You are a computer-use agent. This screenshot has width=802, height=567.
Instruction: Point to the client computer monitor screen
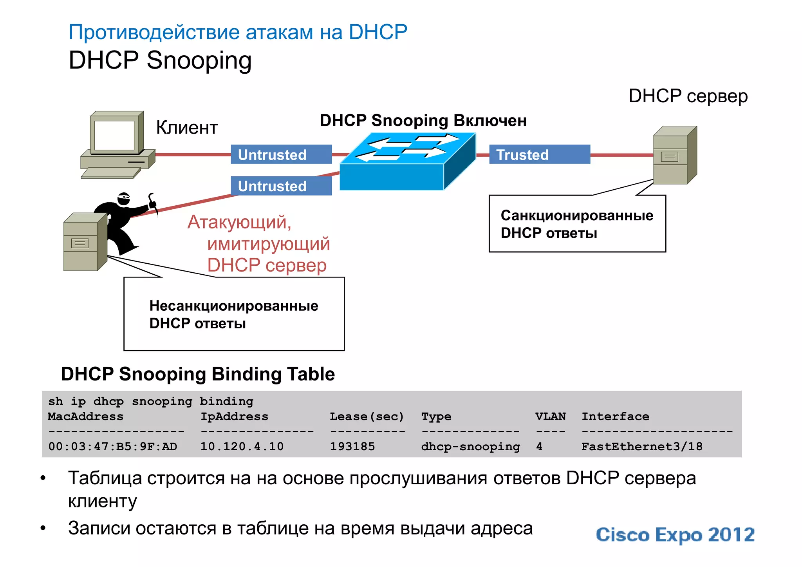coord(114,135)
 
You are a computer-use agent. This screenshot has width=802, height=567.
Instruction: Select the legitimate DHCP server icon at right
coord(674,155)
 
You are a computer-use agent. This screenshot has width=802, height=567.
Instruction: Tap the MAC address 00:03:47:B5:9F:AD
coord(113,446)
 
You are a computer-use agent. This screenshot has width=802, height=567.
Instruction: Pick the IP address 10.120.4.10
coord(242,446)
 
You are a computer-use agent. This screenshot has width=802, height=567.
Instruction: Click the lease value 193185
coord(352,446)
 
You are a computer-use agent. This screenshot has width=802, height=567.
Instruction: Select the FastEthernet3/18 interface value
coord(641,446)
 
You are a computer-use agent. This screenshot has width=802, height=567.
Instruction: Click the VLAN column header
coord(550,416)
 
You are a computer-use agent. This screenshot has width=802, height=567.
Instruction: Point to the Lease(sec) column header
coord(367,416)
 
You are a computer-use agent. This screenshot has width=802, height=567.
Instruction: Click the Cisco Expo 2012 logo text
coord(675,535)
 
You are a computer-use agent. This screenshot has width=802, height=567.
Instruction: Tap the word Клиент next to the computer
coord(187,127)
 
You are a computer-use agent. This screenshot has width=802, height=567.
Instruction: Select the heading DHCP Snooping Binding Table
coord(198,374)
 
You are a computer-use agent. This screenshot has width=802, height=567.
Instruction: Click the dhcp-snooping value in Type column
coord(470,446)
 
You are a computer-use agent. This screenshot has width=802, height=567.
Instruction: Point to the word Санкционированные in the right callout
coord(576,216)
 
